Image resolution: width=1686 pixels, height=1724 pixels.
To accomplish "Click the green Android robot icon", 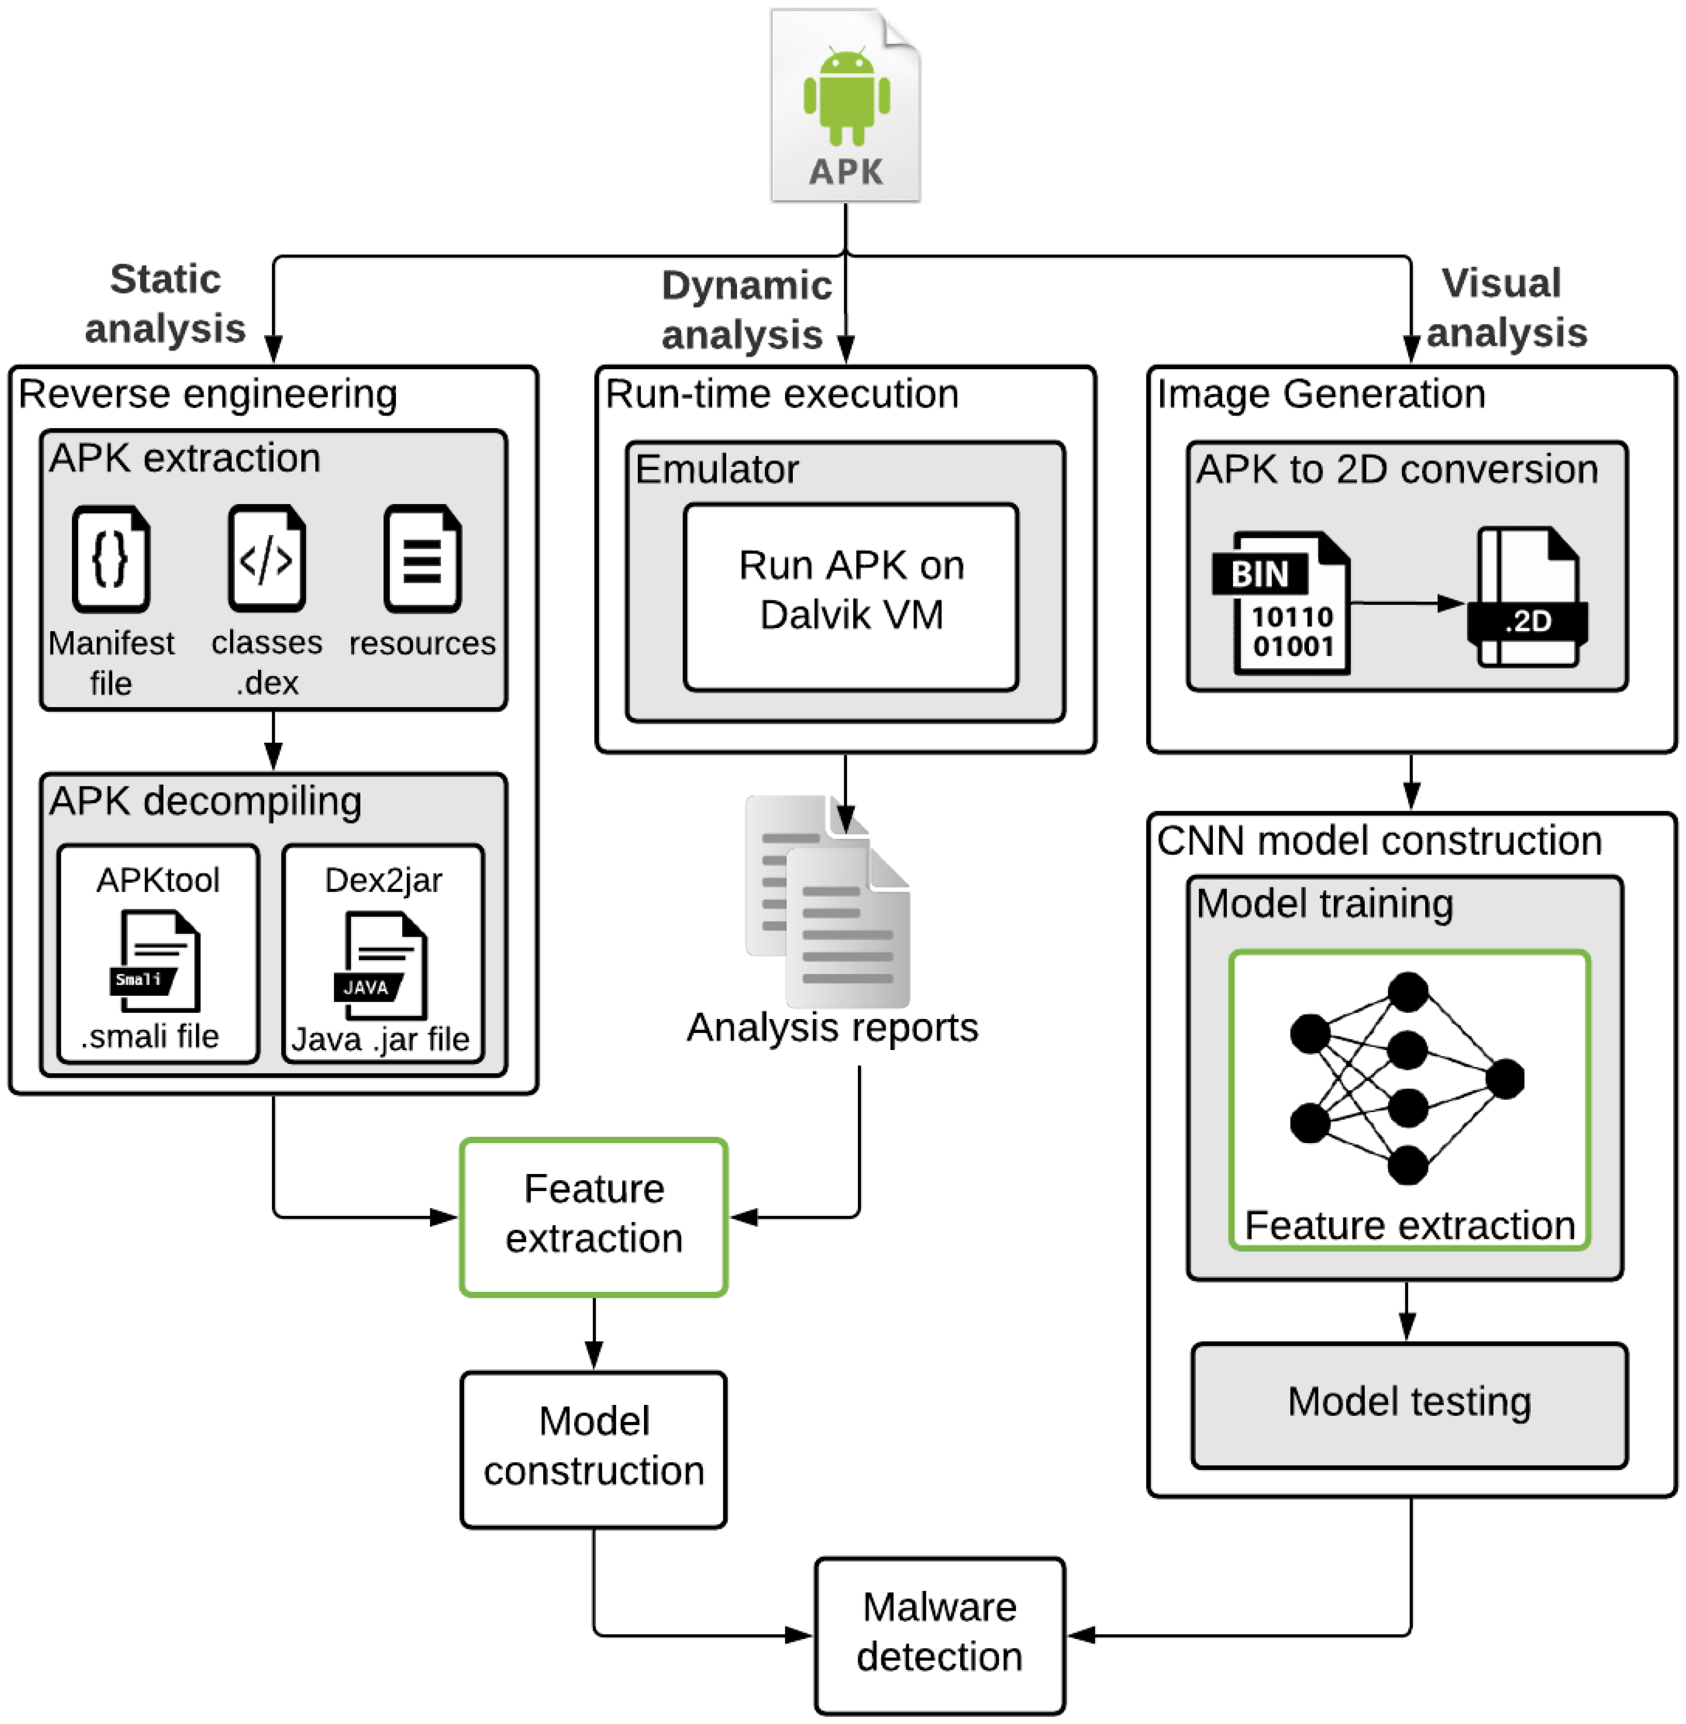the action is (x=847, y=95).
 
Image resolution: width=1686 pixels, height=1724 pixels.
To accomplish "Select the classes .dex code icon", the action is (x=267, y=559).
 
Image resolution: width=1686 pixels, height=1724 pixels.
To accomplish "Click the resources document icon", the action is (x=422, y=559).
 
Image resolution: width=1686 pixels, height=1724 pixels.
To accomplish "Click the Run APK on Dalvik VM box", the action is (x=851, y=597).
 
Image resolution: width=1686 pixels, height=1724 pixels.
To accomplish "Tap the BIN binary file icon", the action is (x=1281, y=603).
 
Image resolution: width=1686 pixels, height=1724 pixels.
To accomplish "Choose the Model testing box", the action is (x=1409, y=1405).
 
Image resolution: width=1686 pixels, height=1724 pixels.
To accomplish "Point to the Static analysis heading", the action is (x=166, y=304).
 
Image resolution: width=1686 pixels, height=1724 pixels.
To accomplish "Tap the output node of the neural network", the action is (x=1505, y=1079).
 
